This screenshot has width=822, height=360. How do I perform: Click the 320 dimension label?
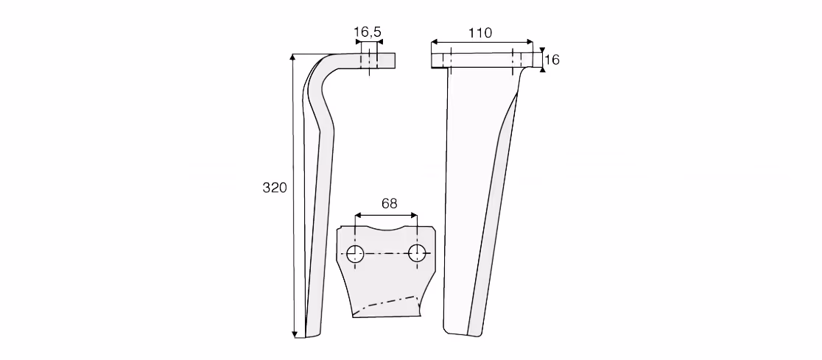275,188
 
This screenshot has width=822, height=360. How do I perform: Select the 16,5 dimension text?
368,32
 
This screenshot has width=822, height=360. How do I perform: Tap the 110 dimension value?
480,33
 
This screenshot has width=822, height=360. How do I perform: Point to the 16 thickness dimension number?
552,60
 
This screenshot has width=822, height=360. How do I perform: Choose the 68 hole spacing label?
389,203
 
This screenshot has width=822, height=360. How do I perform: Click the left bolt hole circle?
356,253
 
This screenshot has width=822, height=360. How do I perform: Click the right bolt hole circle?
417,253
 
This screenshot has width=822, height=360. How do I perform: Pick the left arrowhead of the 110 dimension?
435,41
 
